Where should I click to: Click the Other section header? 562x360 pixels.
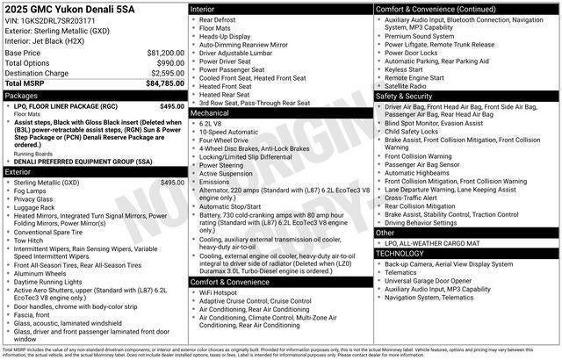[385, 234]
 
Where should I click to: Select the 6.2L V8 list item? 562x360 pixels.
[211, 124]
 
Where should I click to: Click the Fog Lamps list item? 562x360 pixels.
[30, 191]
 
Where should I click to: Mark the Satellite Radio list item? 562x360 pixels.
[407, 85]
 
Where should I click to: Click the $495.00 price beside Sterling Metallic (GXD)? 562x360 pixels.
[172, 183]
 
